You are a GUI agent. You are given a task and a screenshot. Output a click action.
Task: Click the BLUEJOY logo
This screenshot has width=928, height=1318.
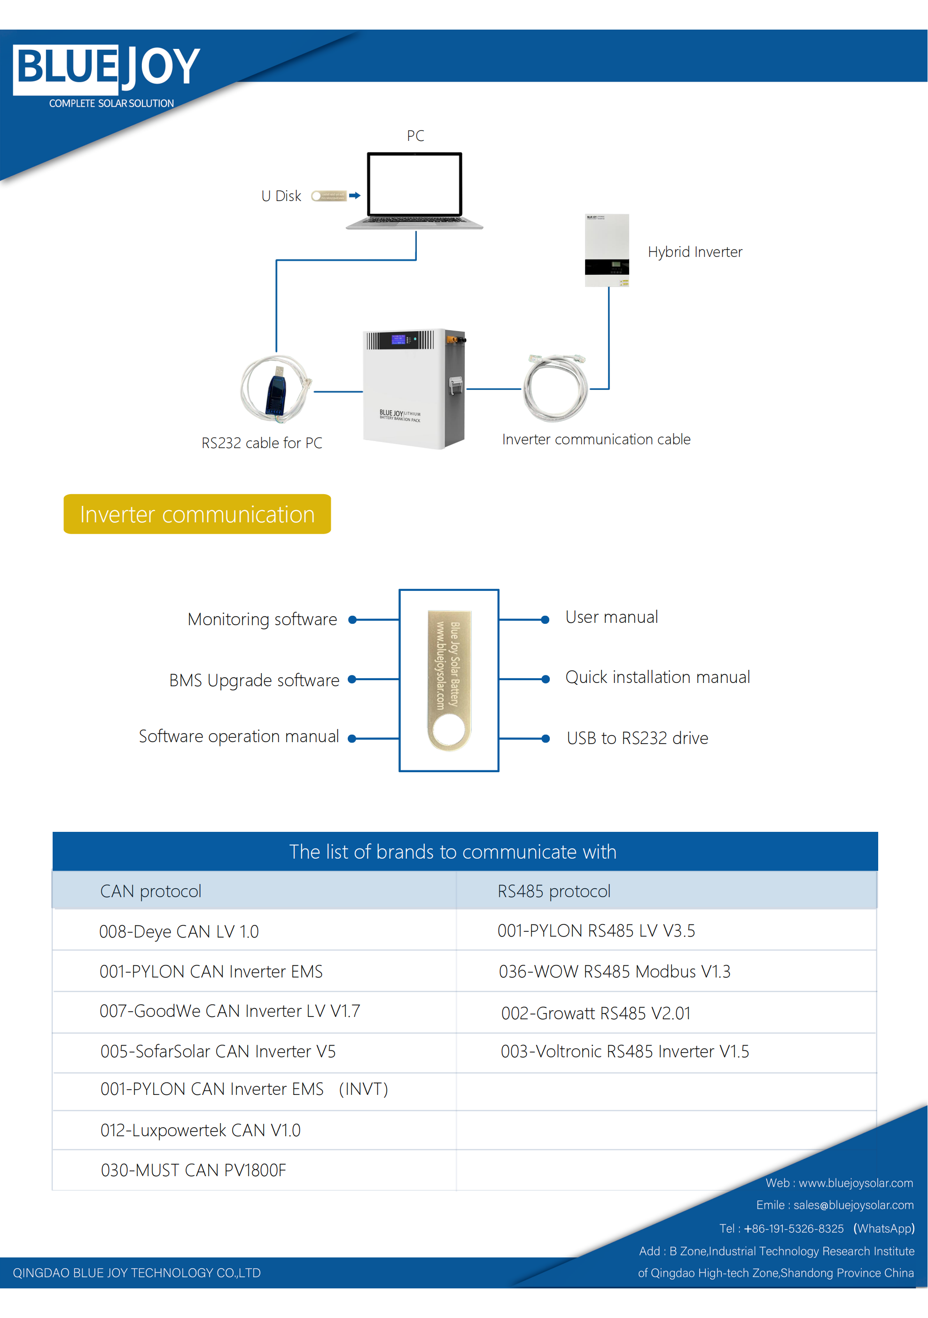coord(107,69)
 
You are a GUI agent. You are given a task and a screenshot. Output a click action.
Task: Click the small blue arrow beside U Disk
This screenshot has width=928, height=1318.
coord(354,196)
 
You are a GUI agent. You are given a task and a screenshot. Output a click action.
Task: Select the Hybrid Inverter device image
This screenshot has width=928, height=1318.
coord(607,250)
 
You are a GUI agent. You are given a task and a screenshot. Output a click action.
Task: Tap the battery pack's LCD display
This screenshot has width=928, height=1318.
coord(398,339)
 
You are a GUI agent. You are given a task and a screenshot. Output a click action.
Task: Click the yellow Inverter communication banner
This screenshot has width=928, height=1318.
coord(197,514)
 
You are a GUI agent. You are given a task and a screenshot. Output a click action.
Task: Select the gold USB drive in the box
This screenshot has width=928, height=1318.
coord(449,680)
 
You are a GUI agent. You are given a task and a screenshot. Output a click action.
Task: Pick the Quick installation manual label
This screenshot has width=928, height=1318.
coord(657,677)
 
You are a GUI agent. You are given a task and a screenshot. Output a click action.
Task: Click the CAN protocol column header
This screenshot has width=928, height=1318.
coord(150,891)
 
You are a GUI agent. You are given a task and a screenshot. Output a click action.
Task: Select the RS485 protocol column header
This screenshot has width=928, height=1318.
coord(554,891)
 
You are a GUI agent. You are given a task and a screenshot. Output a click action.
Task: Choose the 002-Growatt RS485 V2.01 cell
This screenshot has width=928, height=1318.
coord(595,1013)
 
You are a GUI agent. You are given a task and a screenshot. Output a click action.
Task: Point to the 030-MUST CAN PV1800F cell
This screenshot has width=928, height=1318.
coord(193,1170)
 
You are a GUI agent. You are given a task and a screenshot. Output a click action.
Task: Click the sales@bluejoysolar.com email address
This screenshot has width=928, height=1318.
coord(853,1205)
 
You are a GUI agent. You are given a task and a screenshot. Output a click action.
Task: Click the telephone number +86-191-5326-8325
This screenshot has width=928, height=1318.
coord(794,1228)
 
